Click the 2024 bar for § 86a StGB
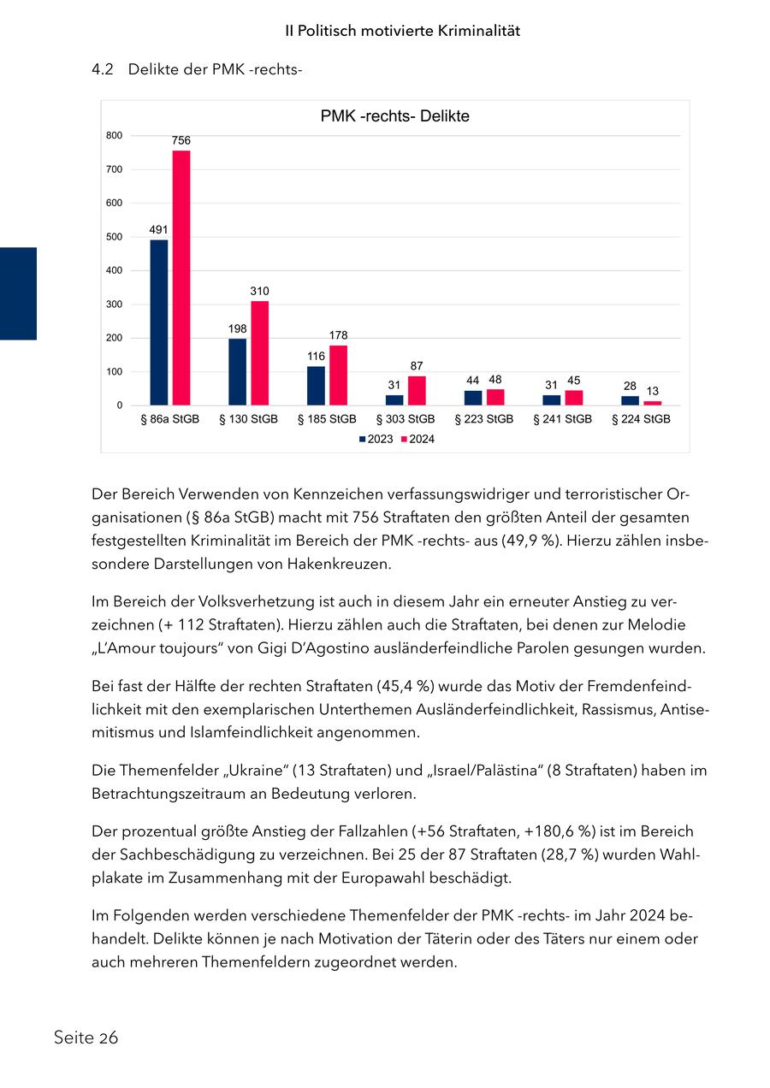click(181, 277)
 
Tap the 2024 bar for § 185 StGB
click(339, 375)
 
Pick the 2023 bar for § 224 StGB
click(630, 400)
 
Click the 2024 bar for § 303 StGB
click(417, 390)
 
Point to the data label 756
click(181, 140)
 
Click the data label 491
click(158, 229)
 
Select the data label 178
click(339, 334)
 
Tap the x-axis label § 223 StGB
click(484, 419)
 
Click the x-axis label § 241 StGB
click(563, 419)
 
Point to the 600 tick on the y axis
click(115, 203)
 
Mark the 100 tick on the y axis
click(115, 371)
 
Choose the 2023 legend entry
click(376, 439)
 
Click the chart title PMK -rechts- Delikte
click(394, 116)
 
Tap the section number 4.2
click(103, 69)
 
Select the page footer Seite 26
click(86, 1038)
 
